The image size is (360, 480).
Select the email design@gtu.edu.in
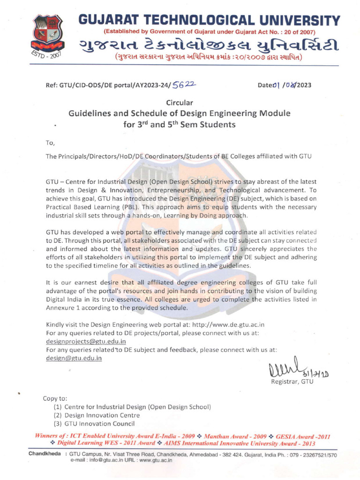coord(74,358)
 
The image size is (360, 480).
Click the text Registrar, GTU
coord(292,382)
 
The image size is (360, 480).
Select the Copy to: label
coord(55,398)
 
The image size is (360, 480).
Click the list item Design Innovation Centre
coord(102,415)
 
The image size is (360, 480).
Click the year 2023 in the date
coord(302,85)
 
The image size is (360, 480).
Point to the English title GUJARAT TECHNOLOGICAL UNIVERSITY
coord(209,21)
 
